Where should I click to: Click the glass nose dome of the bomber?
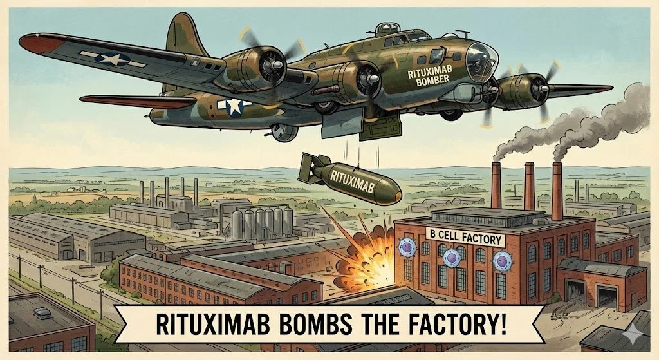pos(479,59)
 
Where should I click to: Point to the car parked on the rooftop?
pos(42,312)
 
